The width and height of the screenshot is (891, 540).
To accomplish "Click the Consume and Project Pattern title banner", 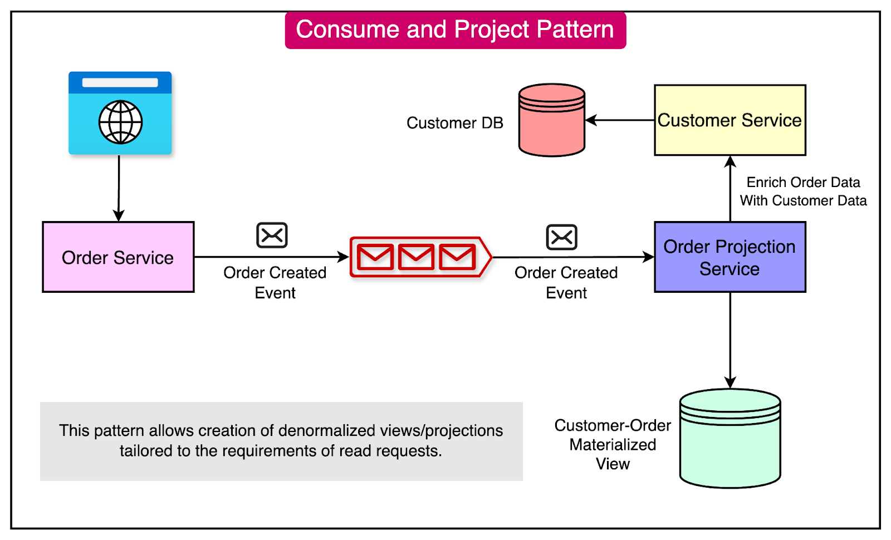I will point(455,30).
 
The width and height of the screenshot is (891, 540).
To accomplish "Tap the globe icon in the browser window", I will point(120,122).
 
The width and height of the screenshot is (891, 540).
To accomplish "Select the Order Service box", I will point(118,257).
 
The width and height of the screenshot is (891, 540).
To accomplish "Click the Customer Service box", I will point(730,120).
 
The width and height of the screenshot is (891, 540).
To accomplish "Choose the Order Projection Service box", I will point(730,257).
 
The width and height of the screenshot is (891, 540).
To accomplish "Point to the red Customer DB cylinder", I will point(551,120).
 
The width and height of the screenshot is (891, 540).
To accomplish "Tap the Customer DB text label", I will point(454,123).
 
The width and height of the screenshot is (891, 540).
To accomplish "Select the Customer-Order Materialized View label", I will point(613,444).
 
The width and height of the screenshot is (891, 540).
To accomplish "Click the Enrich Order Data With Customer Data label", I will point(803,192).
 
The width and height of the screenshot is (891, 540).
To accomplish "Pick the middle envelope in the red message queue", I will point(416,257).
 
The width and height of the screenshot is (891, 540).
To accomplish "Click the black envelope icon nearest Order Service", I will point(272,235).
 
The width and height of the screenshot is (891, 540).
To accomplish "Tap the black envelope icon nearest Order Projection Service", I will point(561,237).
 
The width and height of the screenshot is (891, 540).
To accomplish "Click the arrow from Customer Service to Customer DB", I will point(619,120).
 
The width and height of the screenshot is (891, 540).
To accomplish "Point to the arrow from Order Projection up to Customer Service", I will point(730,189).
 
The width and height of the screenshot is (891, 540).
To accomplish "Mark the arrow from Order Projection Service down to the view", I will point(730,340).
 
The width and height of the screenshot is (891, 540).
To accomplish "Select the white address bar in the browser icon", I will point(120,82).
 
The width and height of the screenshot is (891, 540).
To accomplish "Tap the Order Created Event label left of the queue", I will point(275,282).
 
